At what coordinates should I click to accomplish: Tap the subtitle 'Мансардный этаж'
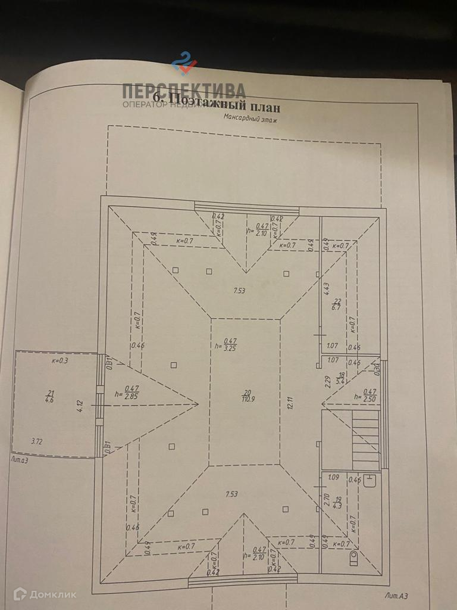click(x=250, y=118)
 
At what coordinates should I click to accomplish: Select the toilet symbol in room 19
click(x=355, y=557)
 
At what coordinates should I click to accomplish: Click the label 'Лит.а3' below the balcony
click(x=23, y=459)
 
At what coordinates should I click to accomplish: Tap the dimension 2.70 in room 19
click(x=326, y=499)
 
